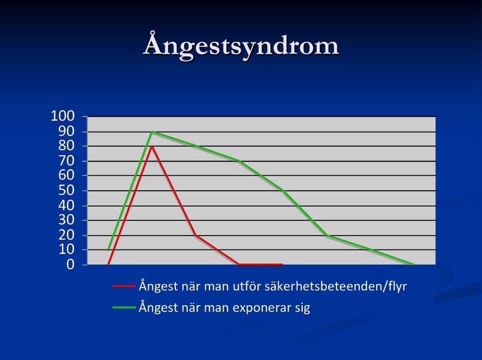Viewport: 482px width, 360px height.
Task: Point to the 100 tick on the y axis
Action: coord(63,116)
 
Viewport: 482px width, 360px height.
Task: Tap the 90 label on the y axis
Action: coord(66,132)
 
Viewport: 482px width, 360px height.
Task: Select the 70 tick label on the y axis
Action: coord(66,161)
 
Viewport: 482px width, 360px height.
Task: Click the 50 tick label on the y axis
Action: coord(66,191)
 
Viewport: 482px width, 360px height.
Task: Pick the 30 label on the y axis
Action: coord(66,220)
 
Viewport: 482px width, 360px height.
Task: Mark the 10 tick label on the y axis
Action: coord(66,250)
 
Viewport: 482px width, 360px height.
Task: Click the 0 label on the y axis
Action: coord(70,265)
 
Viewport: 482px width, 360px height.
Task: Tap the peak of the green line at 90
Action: coord(152,132)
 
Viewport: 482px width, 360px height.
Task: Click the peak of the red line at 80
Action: coord(152,146)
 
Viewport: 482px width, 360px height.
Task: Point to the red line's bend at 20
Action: coord(195,235)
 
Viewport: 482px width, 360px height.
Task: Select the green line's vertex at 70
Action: coord(239,161)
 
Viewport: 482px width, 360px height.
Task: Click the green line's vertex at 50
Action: coord(283,191)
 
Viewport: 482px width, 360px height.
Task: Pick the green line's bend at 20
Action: coord(327,235)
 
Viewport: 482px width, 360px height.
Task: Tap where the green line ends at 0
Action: coord(414,265)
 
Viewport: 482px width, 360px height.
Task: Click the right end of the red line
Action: coord(283,265)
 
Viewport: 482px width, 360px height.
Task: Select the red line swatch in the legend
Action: coord(124,286)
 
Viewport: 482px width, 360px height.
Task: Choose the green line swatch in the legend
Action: coord(124,307)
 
